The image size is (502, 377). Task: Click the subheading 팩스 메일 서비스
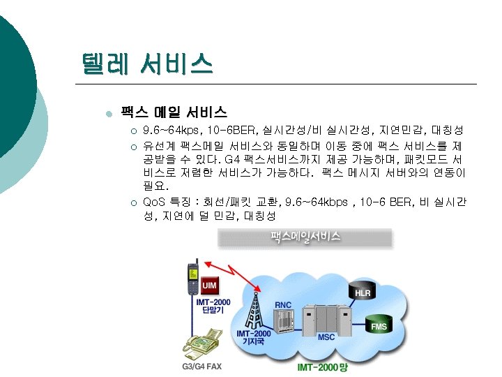(x=174, y=112)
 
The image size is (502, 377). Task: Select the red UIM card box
(x=209, y=286)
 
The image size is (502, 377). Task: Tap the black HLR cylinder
(x=363, y=292)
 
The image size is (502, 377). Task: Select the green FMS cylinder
(x=379, y=325)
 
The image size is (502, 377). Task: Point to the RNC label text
(x=283, y=304)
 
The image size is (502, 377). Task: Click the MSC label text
(x=326, y=337)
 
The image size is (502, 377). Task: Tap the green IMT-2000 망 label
(x=321, y=367)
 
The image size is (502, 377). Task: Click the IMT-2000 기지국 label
(x=252, y=338)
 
